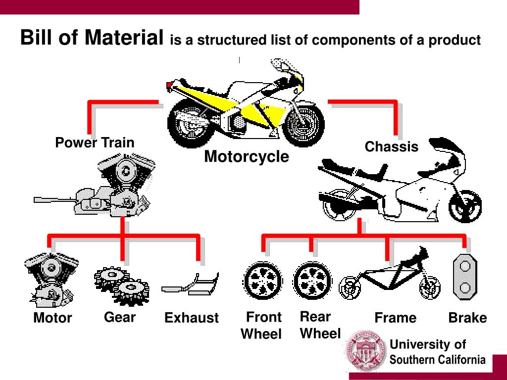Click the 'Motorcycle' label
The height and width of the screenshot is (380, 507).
click(247, 157)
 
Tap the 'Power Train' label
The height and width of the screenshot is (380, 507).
click(95, 143)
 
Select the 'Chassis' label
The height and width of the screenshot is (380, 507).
click(391, 147)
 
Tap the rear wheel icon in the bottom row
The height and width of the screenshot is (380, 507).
click(312, 281)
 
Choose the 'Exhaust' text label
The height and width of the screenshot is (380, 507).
click(192, 318)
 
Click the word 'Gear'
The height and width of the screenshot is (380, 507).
click(120, 317)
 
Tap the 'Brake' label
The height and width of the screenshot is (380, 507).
click(467, 318)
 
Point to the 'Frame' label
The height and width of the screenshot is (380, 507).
click(395, 318)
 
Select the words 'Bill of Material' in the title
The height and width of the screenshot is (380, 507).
click(92, 38)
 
